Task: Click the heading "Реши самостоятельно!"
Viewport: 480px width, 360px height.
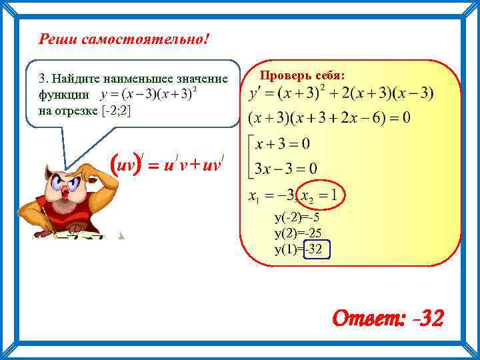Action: (x=124, y=39)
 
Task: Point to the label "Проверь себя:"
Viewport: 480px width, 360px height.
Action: (x=302, y=76)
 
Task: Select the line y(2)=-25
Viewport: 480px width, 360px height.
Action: (x=301, y=233)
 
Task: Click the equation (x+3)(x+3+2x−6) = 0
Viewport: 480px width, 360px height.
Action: (x=329, y=118)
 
